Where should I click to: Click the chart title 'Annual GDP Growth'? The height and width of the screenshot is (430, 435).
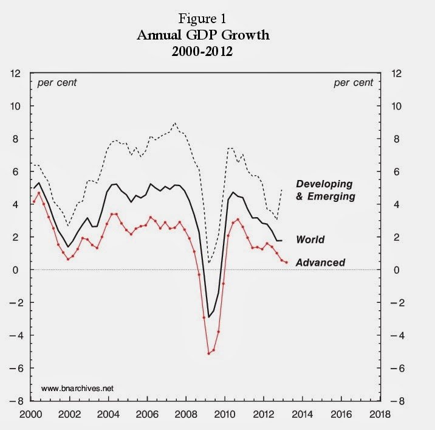pyautogui.click(x=203, y=35)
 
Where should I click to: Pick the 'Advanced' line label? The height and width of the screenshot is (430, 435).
pyautogui.click(x=320, y=263)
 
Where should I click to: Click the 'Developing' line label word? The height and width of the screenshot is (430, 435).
pyautogui.click(x=324, y=184)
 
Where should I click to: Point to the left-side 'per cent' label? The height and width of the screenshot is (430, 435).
pyautogui.click(x=58, y=83)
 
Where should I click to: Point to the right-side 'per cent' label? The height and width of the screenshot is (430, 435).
pyautogui.click(x=354, y=83)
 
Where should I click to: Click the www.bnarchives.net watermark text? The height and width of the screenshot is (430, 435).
pyautogui.click(x=78, y=387)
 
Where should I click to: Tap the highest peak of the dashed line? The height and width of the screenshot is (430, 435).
pyautogui.click(x=175, y=123)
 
